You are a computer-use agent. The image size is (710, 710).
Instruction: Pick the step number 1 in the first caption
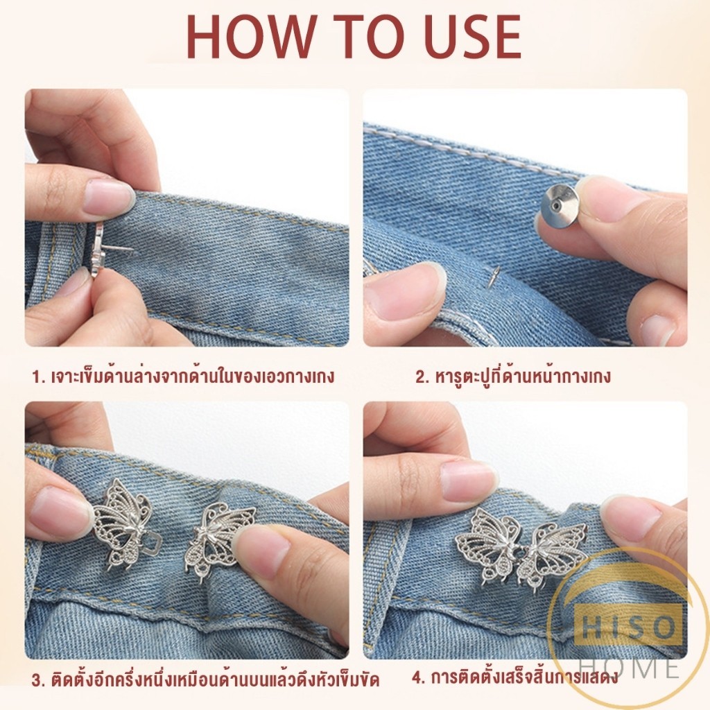click(37, 376)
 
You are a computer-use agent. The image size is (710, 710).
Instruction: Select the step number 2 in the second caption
click(420, 376)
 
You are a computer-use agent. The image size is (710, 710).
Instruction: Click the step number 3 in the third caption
click(37, 681)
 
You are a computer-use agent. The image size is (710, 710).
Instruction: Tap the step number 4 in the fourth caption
click(417, 678)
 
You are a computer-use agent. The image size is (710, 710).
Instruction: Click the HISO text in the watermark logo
click(627, 627)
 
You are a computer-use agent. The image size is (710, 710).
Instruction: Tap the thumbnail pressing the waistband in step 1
click(108, 196)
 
